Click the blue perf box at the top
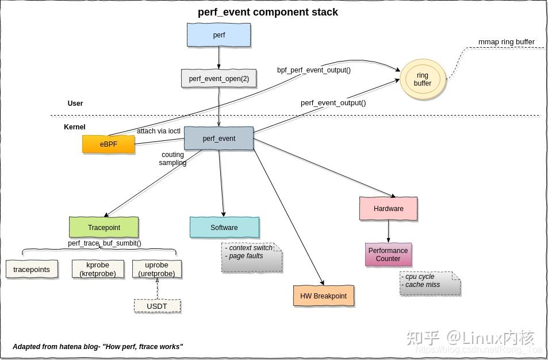click(x=219, y=35)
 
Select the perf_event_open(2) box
click(x=219, y=78)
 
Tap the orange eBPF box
click(x=108, y=144)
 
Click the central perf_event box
click(x=219, y=139)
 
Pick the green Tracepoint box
click(x=104, y=227)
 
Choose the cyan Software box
click(x=224, y=227)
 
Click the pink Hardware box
click(x=388, y=209)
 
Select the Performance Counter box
click(x=388, y=255)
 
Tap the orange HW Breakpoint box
click(x=323, y=296)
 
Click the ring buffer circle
click(x=423, y=79)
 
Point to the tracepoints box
click(x=32, y=269)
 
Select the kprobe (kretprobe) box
click(x=98, y=269)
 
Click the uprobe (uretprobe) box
click(x=156, y=269)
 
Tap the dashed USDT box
click(x=156, y=306)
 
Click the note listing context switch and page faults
click(x=251, y=257)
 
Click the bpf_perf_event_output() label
click(x=314, y=70)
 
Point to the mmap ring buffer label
click(x=506, y=42)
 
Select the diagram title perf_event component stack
click(x=268, y=12)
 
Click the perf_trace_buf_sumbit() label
click(x=105, y=243)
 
